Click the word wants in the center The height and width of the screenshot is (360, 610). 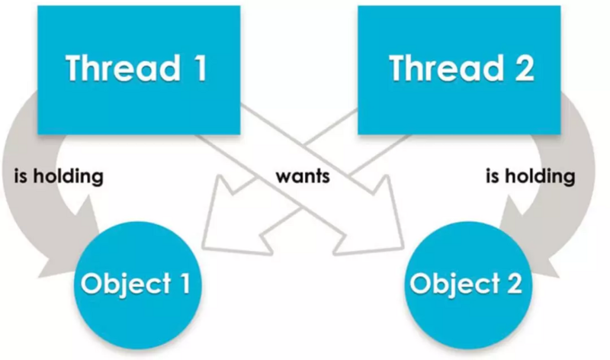(303, 178)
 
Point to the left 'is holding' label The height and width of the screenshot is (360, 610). (58, 178)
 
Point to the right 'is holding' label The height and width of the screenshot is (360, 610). (531, 178)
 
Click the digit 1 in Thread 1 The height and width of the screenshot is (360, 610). (197, 69)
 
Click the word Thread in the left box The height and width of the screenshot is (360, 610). (122, 69)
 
